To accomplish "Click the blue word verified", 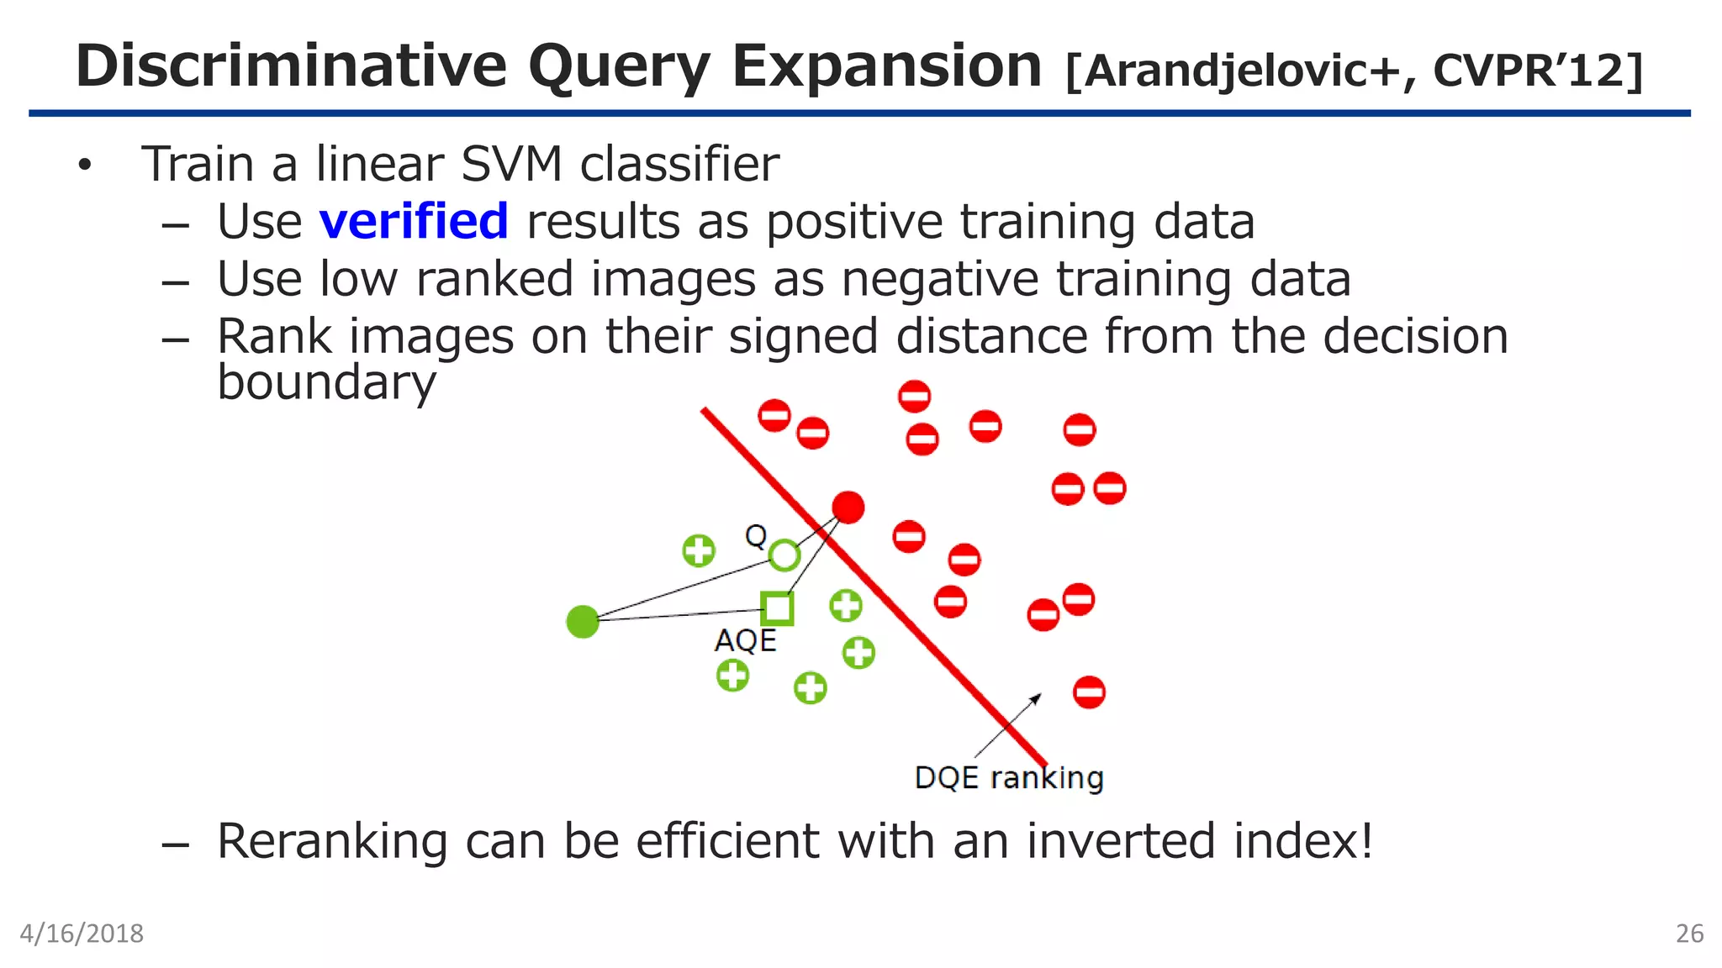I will click(414, 222).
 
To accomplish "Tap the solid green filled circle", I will click(583, 622).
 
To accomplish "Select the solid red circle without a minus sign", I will click(848, 508).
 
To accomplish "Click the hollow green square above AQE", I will click(777, 608).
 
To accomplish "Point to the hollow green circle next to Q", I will click(784, 555).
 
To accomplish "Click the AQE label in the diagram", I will click(745, 641).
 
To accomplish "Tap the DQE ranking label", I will click(1008, 778).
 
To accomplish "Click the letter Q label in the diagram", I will click(756, 535).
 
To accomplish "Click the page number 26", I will click(1689, 934).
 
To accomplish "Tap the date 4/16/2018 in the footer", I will click(82, 934).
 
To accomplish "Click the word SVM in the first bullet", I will click(511, 164).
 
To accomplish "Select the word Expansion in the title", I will click(886, 66).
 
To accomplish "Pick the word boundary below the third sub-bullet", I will click(326, 382).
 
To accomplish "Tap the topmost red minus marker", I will click(914, 396).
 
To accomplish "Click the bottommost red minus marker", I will click(1089, 692).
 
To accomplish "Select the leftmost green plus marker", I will click(699, 551).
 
